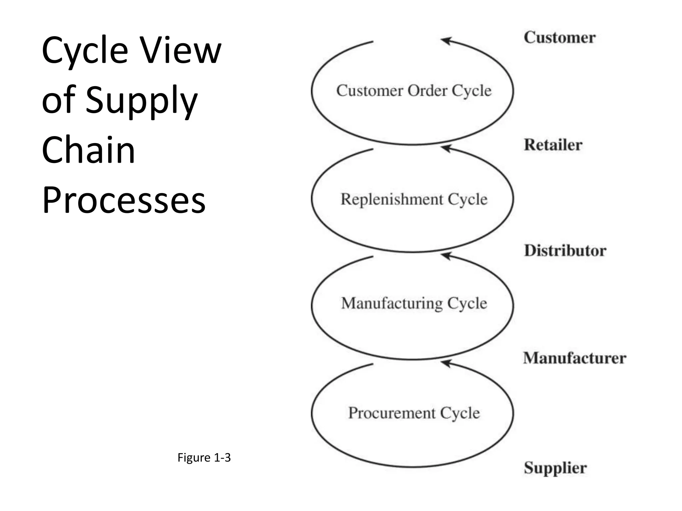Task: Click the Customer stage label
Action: pos(559,37)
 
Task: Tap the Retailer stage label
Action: pos(553,145)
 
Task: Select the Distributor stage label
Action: pos(565,251)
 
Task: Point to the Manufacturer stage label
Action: pos(574,358)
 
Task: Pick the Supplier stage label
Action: pos(555,468)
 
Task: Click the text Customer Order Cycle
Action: pos(414,91)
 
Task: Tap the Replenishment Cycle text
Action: pos(414,199)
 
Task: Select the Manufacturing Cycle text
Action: pos(414,303)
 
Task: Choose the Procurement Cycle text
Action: pos(414,413)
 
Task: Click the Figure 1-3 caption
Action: pos(204,457)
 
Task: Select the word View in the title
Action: pos(180,51)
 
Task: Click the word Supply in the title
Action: pos(142,100)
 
